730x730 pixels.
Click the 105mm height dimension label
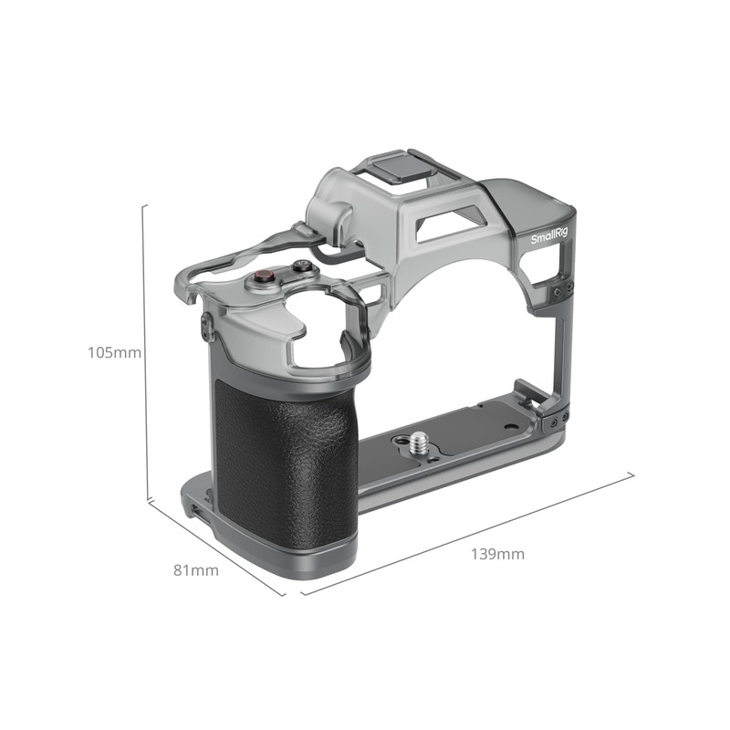click(114, 352)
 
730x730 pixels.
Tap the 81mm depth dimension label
click(196, 570)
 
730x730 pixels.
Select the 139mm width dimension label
click(497, 554)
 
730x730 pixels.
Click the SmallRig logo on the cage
click(548, 236)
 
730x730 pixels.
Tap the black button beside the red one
click(300, 267)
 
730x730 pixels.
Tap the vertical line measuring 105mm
click(145, 352)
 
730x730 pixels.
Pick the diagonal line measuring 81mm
click(216, 547)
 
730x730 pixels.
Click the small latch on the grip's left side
click(207, 326)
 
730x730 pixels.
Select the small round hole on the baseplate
click(399, 440)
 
